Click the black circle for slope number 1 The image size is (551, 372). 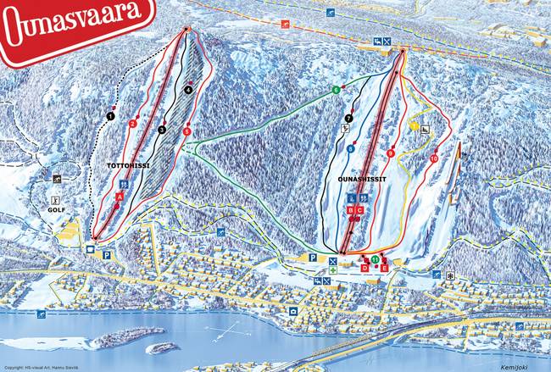tap(111, 116)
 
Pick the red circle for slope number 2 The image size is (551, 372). tap(133, 124)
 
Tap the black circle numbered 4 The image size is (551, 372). tap(187, 90)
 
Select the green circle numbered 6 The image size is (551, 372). tap(336, 90)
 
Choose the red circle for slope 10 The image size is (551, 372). tap(433, 158)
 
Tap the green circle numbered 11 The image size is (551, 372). tap(375, 258)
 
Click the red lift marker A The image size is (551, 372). tap(120, 197)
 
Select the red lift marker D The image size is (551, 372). tap(365, 267)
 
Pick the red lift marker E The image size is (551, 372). tap(385, 267)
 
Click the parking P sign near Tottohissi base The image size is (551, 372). tap(107, 254)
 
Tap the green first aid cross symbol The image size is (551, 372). tap(333, 269)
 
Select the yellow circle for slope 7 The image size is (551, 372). tap(348, 118)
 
